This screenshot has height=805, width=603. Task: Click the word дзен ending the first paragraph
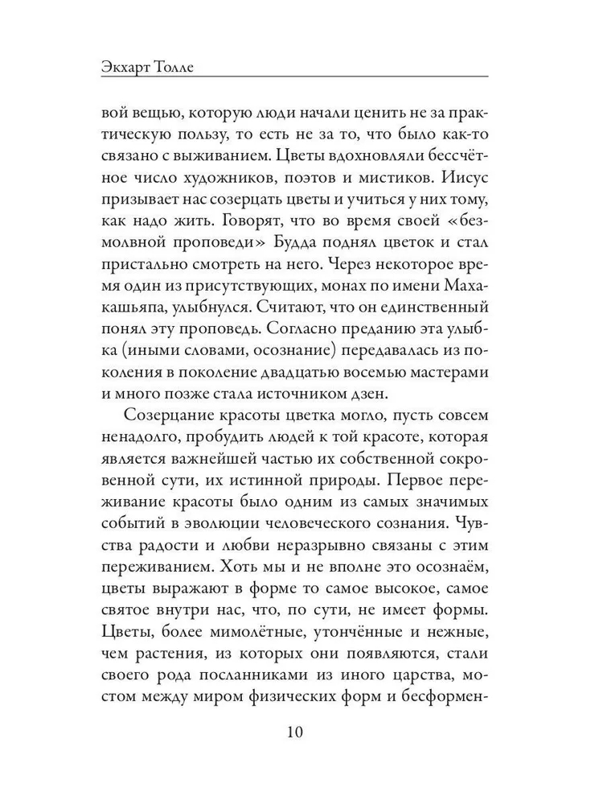click(365, 393)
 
